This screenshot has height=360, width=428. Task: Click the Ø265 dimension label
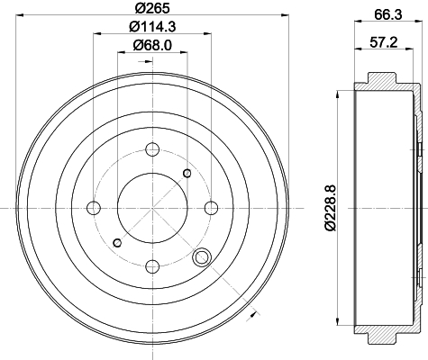pyautogui.click(x=152, y=8)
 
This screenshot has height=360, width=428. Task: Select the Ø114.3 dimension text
pyautogui.click(x=152, y=27)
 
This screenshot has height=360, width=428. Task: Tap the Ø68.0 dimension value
pyautogui.click(x=152, y=46)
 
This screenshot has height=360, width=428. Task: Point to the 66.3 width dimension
pyautogui.click(x=387, y=14)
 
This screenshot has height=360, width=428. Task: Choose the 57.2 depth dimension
pyautogui.click(x=384, y=42)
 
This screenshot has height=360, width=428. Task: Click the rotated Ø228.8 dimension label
pyautogui.click(x=330, y=208)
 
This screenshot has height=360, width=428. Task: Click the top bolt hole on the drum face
pyautogui.click(x=152, y=149)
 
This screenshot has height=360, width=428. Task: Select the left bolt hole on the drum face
pyautogui.click(x=94, y=208)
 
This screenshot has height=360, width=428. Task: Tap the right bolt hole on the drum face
pyautogui.click(x=211, y=208)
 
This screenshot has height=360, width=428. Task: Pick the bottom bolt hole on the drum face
pyautogui.click(x=152, y=266)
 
